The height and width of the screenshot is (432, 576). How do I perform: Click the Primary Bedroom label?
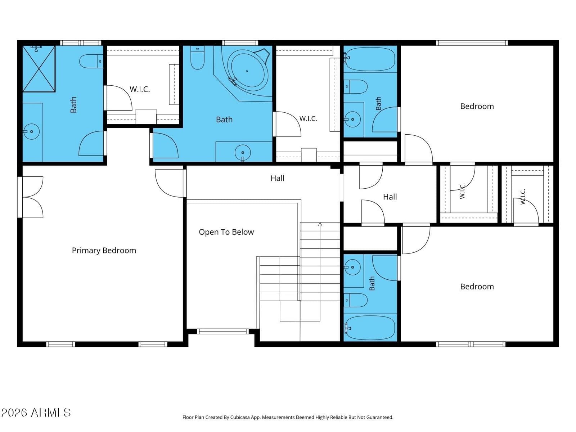coord(104,251)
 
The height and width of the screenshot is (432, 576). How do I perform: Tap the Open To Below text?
coord(226,232)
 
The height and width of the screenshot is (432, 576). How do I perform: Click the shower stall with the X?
coord(39,69)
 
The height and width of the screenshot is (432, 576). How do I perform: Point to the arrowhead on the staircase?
coord(320,224)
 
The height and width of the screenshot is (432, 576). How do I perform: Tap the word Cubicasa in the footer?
coord(240,417)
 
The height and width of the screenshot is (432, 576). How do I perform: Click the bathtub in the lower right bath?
coord(370,328)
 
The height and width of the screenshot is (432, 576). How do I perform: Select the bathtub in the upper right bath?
coord(370,59)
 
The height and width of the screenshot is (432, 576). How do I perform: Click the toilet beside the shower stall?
coord(91,61)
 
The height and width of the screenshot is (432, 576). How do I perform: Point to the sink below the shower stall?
coord(31,131)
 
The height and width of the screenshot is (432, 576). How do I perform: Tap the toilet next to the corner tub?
coord(197,58)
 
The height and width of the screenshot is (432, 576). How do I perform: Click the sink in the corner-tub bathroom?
coord(243,152)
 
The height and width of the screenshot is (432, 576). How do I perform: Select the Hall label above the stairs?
coord(277,178)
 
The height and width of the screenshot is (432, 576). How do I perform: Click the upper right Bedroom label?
coord(477,106)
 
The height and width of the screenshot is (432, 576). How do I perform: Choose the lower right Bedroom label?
coord(477,287)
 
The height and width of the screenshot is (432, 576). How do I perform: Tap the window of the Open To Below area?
coord(222,331)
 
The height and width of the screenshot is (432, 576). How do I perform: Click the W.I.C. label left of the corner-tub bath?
coord(140,89)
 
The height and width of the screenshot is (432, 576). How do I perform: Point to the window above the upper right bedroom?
coord(472,43)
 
